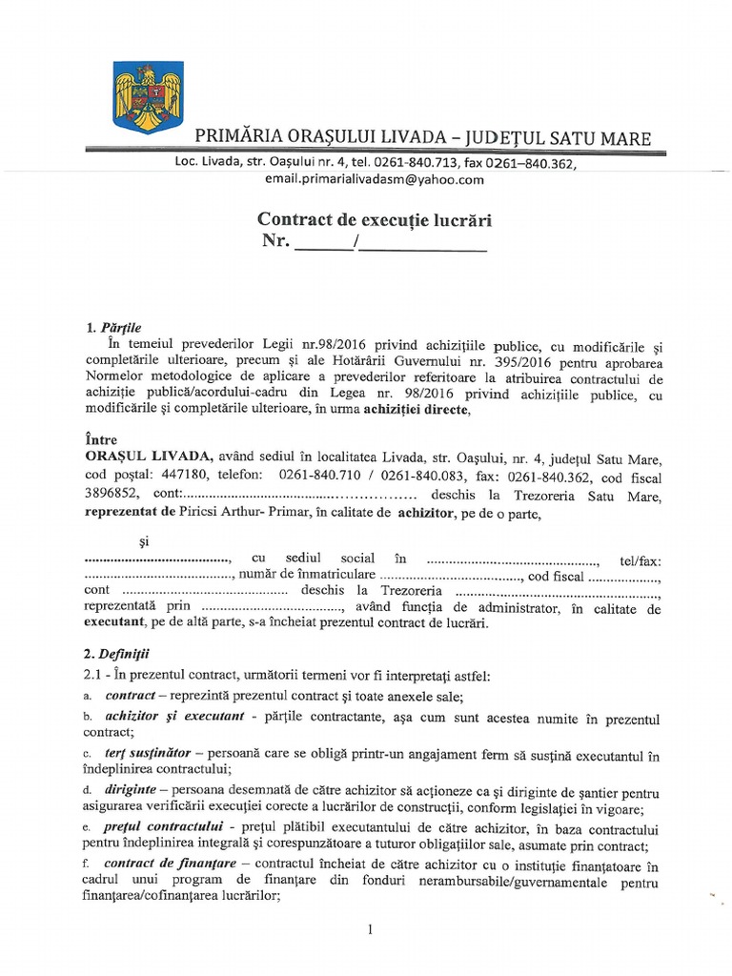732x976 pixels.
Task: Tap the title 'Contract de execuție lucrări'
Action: tap(376, 219)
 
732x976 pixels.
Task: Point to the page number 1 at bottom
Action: tap(368, 929)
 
